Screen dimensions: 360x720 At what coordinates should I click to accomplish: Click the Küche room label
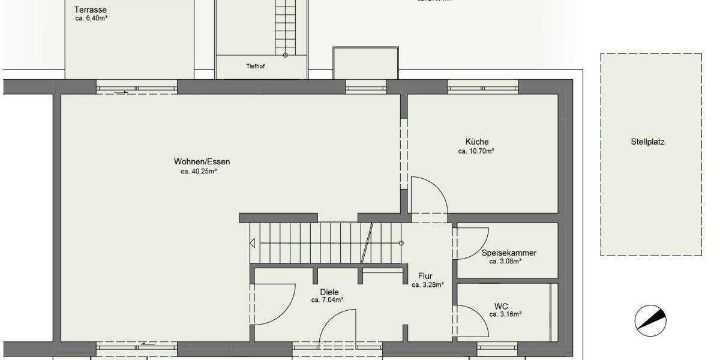pos(476,142)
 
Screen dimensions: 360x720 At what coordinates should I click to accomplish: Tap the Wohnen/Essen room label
pos(202,161)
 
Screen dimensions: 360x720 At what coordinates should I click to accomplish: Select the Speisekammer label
pos(509,253)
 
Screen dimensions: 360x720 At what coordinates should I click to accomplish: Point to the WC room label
pos(502,305)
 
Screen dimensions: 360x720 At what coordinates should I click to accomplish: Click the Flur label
pos(425,276)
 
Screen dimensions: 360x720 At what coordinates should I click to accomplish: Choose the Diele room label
pos(329,292)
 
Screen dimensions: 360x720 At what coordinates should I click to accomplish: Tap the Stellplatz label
pos(647,142)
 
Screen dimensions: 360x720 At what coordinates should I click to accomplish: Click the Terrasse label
pos(91,10)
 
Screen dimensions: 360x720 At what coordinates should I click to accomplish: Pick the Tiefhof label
pos(256,67)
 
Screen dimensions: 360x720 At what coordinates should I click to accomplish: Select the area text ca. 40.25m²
pos(199,171)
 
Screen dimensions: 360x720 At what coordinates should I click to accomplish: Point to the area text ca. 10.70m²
pos(476,152)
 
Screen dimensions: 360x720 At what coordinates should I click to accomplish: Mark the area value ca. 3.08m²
pos(505,262)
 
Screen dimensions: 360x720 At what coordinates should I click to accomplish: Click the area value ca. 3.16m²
pos(505,314)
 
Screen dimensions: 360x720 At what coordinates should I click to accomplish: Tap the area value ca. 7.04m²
pos(327,301)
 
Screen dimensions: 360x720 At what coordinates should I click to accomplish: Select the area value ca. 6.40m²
pos(91,19)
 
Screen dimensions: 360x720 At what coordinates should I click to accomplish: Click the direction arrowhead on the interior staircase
pos(253,243)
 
